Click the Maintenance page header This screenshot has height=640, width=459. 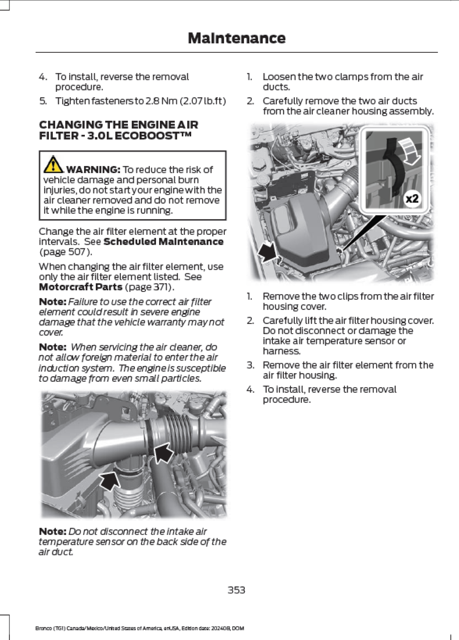[x=236, y=38]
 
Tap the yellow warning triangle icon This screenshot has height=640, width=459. [x=53, y=164]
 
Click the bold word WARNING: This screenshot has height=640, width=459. [x=93, y=169]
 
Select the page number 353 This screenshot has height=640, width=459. [x=236, y=590]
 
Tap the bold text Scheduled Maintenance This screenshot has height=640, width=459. [x=163, y=242]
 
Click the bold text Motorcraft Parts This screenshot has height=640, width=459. [x=80, y=287]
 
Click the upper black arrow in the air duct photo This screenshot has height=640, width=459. [x=164, y=452]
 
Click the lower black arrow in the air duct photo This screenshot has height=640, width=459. [x=110, y=481]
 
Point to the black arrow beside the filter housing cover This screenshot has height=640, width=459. [x=268, y=252]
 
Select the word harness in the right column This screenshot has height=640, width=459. [x=281, y=351]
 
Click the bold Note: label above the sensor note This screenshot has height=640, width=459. [x=53, y=532]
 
